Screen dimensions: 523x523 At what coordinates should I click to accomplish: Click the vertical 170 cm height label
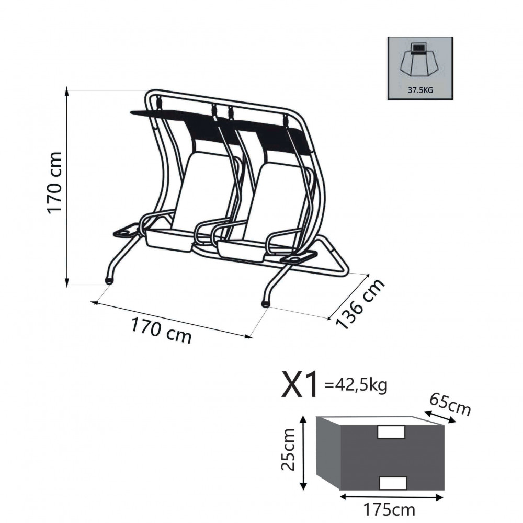pyautogui.click(x=55, y=183)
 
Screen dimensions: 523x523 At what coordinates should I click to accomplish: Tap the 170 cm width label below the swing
pyautogui.click(x=161, y=331)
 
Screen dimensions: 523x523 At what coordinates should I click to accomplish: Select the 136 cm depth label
pyautogui.click(x=360, y=304)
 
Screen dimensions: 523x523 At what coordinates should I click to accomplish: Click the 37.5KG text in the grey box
pyautogui.click(x=420, y=90)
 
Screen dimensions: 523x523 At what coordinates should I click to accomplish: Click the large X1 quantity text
pyautogui.click(x=299, y=385)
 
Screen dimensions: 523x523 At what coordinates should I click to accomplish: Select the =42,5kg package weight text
pyautogui.click(x=356, y=385)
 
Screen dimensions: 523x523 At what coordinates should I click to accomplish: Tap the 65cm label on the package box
pyautogui.click(x=450, y=404)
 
